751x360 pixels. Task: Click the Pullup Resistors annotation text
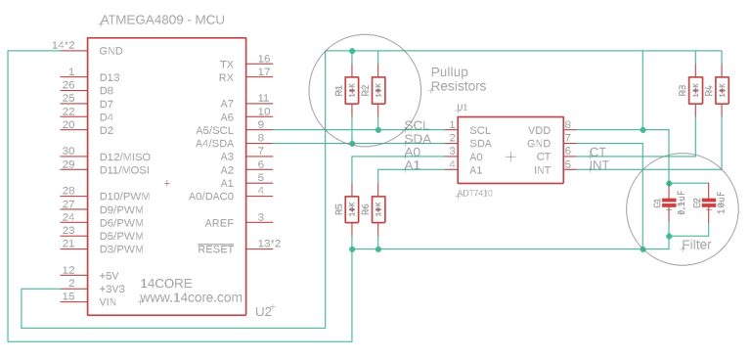click(459, 79)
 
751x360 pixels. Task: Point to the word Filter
click(696, 244)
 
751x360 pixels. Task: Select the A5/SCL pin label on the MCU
click(214, 130)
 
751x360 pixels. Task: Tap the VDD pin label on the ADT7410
click(539, 130)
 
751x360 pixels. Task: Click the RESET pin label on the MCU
click(215, 248)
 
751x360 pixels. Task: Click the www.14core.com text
click(191, 297)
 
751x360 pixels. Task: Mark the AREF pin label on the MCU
click(218, 222)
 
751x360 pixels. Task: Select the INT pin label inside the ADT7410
click(542, 170)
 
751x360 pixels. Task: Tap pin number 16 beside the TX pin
click(264, 60)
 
